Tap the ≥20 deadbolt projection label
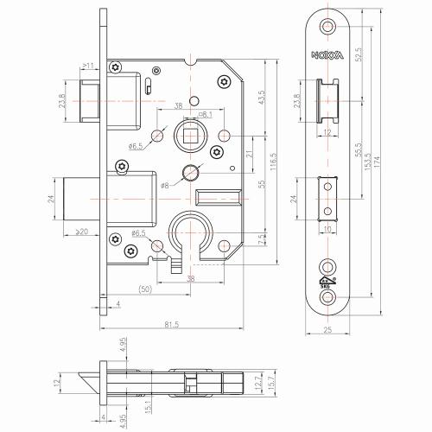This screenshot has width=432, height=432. pyautogui.click(x=81, y=232)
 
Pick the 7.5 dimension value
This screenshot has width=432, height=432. pyautogui.click(x=261, y=241)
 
